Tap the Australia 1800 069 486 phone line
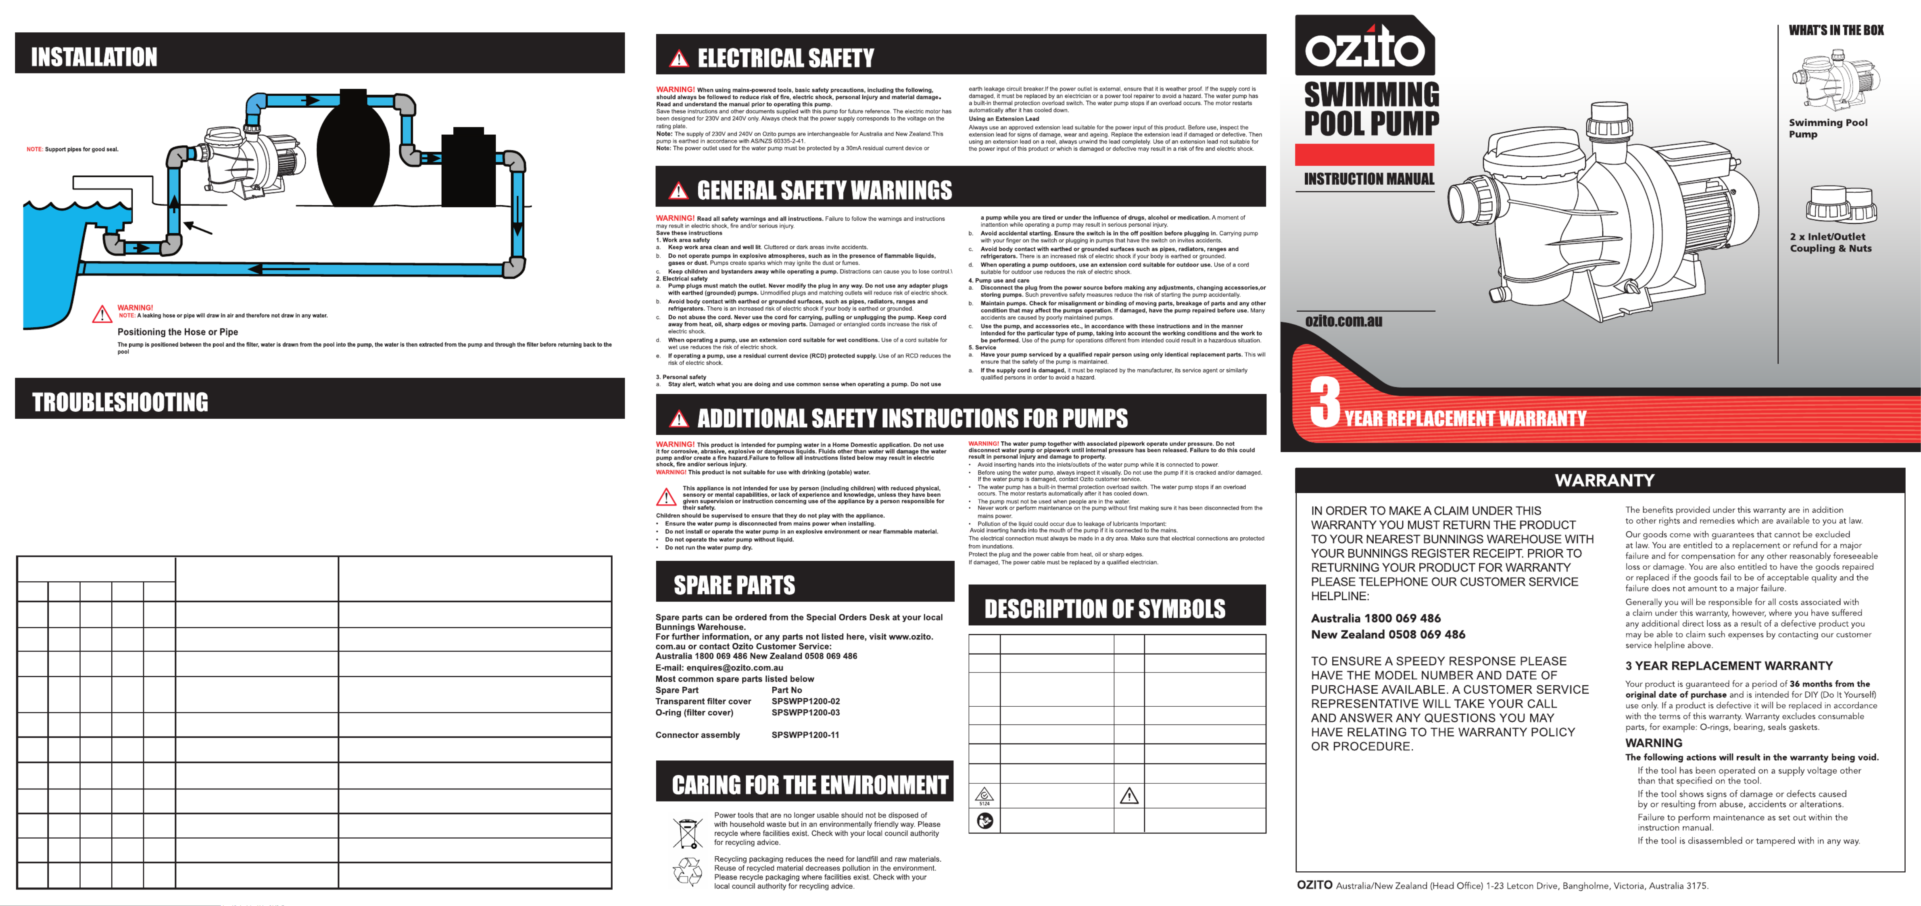1375,618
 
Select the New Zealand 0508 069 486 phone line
1387,635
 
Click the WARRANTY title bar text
1604,480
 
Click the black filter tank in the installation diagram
353,149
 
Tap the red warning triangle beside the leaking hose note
102,314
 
